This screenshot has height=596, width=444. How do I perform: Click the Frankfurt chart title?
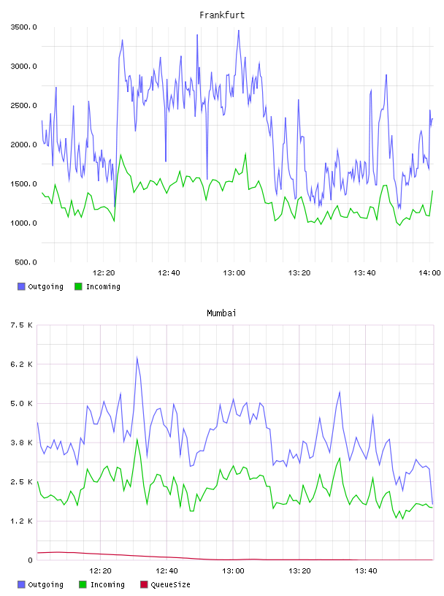click(x=222, y=15)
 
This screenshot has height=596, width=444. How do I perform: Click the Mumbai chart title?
click(x=221, y=313)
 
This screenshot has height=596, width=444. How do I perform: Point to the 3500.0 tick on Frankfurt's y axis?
click(x=23, y=27)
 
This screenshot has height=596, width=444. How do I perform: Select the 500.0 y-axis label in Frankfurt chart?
click(x=26, y=262)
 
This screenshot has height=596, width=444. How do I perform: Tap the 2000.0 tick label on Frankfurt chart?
click(x=23, y=145)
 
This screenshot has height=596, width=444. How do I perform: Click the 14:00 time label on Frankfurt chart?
click(x=429, y=273)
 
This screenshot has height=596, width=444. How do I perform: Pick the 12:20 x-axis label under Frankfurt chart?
click(x=104, y=273)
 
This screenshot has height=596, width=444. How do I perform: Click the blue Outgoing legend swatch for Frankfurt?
click(x=21, y=286)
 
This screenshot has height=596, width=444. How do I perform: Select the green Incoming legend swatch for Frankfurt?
click(x=78, y=286)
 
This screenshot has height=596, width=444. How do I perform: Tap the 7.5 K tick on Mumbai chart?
click(x=21, y=325)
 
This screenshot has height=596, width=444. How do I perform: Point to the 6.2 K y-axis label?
click(x=21, y=364)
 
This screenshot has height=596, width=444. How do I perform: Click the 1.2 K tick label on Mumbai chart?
click(x=21, y=521)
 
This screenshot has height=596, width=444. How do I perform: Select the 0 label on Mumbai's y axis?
click(x=30, y=560)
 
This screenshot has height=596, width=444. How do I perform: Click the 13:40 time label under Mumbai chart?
click(x=366, y=571)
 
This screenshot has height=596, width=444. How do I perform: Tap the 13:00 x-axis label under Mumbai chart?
click(x=234, y=571)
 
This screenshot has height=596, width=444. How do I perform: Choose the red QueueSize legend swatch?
click(x=144, y=584)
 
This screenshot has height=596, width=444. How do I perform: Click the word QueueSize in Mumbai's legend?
click(x=170, y=584)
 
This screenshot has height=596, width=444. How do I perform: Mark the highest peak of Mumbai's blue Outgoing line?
click(x=137, y=357)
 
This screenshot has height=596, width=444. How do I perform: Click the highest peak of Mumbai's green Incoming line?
click(x=137, y=439)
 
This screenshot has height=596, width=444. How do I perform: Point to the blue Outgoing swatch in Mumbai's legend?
click(x=21, y=584)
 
